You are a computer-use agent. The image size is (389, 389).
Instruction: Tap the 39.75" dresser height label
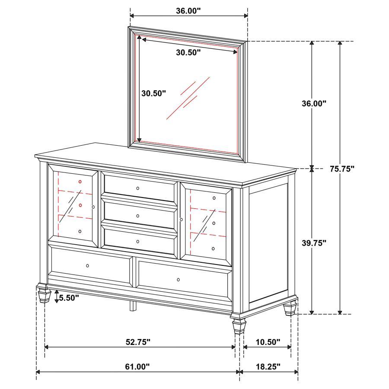(314, 243)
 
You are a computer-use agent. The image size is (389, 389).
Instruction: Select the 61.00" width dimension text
(137, 367)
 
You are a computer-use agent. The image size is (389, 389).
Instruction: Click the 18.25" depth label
(268, 367)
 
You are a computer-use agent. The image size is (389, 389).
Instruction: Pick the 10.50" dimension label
(268, 342)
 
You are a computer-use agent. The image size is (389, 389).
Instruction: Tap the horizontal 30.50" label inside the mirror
(189, 53)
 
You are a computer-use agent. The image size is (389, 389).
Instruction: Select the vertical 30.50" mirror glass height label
(154, 93)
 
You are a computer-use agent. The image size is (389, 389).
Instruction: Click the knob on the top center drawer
(138, 188)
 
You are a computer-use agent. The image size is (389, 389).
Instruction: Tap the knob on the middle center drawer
(138, 215)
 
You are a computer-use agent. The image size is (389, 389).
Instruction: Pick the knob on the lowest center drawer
(138, 241)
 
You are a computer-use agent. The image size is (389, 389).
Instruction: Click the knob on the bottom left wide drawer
(88, 265)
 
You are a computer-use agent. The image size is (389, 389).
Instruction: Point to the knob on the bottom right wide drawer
(179, 280)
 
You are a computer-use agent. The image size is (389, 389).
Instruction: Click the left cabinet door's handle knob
(93, 207)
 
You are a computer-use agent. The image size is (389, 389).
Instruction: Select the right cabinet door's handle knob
(182, 220)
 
